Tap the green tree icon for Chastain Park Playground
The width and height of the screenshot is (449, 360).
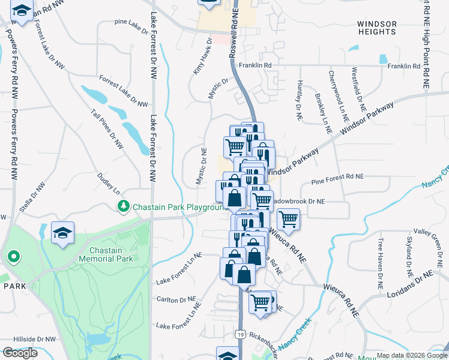coord(124,206)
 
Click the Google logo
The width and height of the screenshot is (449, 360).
coord(20,353)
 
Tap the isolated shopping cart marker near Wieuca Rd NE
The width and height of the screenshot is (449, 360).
coord(289,219)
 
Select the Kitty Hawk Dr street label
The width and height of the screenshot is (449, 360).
coord(202,56)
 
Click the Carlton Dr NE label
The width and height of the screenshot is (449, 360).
coord(175,299)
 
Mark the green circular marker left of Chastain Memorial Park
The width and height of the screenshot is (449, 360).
coord(13,258)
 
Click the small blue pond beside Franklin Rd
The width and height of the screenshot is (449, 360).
coord(382,59)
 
